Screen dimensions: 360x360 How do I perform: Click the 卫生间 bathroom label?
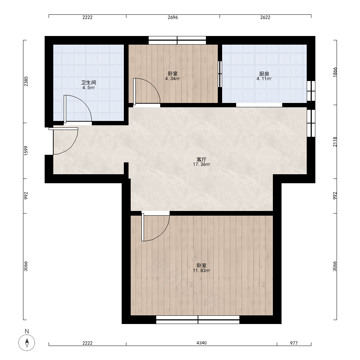(89, 82)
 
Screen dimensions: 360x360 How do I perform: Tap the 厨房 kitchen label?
(264, 74)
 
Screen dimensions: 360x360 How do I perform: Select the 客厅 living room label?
(202, 159)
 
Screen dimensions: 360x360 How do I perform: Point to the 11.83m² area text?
(202, 270)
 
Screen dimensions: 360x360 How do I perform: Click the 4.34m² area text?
(172, 79)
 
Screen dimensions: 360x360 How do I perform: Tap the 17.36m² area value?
(202, 165)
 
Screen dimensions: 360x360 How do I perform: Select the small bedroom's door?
(147, 91)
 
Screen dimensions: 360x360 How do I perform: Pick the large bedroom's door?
(156, 226)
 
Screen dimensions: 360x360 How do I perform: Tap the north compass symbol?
(27, 343)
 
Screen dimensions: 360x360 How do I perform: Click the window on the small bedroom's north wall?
(177, 40)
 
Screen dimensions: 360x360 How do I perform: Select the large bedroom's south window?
(198, 320)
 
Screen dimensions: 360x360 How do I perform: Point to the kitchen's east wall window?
(311, 91)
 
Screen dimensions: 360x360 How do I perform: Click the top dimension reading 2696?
(173, 17)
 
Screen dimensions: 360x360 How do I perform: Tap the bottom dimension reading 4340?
(202, 343)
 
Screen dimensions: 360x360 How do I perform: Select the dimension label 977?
(294, 343)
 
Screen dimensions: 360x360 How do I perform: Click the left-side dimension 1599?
(26, 150)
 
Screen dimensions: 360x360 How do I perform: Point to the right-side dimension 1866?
(335, 72)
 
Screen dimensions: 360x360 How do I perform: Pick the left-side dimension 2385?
(26, 81)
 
